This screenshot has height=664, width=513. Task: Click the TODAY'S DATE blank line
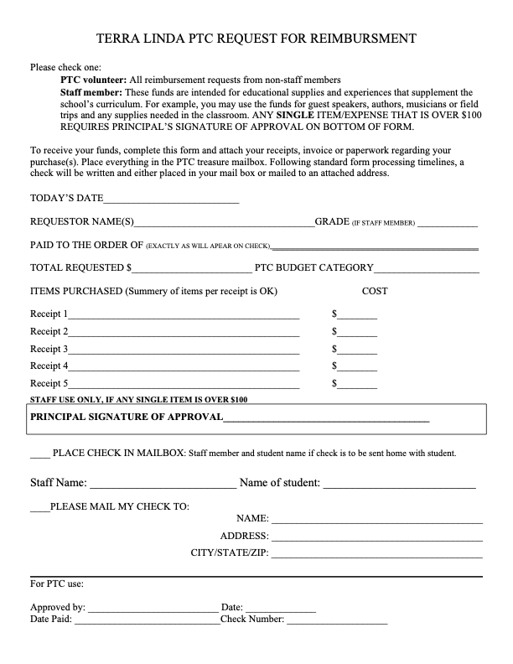point(171,200)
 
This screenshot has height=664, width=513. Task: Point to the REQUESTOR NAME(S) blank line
point(224,223)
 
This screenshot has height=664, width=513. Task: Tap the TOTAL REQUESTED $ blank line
point(191,268)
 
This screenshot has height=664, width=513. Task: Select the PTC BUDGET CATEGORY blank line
point(427,268)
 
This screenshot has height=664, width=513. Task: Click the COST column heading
point(375,292)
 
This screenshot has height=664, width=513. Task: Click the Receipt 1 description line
point(184,315)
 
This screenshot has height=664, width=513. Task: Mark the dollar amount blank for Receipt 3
point(358,350)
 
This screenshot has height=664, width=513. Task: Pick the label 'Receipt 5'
point(49,383)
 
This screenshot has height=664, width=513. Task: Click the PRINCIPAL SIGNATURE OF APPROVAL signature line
point(326,418)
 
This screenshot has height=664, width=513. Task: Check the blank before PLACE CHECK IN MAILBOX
point(39,454)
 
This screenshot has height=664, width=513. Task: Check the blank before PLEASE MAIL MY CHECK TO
point(39,507)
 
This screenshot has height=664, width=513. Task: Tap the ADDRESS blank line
point(376,537)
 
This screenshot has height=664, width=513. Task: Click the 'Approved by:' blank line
point(152,608)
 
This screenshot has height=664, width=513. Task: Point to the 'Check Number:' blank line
point(337,621)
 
